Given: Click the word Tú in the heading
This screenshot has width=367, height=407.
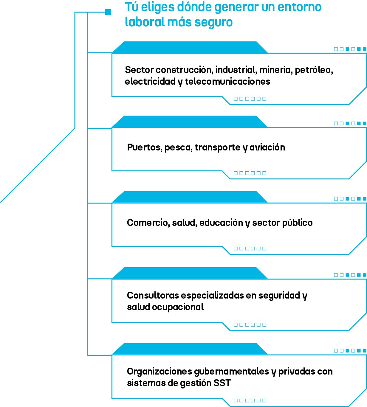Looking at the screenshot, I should (131, 7).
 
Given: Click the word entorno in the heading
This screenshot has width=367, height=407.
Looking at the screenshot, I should (299, 7).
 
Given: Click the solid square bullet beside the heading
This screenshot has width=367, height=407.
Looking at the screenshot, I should (108, 12).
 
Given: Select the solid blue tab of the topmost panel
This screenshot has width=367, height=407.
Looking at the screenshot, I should (190, 48).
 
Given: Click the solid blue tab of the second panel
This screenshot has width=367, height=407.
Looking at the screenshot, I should (190, 122).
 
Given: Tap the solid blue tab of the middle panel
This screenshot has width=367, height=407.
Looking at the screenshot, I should (190, 197).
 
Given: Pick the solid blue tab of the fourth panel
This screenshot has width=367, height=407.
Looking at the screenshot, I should (190, 274).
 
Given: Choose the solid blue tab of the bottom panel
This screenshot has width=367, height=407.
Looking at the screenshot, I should (190, 349).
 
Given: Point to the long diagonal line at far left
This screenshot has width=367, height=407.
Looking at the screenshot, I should (37, 166).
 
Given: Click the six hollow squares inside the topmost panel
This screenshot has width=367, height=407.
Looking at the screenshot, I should (250, 99).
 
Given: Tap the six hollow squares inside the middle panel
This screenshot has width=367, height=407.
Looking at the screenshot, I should (250, 248).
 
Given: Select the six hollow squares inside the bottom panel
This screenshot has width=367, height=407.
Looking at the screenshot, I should (250, 400).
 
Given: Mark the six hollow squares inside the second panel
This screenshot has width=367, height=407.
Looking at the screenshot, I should (250, 173).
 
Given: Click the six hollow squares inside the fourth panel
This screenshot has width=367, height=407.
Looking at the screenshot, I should (250, 324).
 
